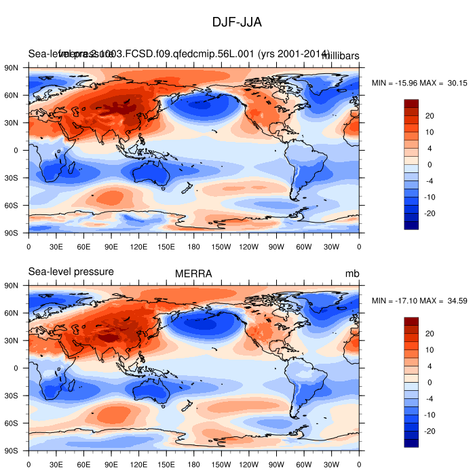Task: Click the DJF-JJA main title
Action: coord(237,22)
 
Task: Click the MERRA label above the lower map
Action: coord(193,273)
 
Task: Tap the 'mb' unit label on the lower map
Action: coord(352,273)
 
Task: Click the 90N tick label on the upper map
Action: coord(12,68)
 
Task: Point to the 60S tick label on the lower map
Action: coord(12,423)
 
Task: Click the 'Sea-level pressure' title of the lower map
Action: coord(71,272)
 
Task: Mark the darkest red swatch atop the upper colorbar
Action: coord(411,103)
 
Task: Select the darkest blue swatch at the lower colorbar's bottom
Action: coord(411,443)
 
